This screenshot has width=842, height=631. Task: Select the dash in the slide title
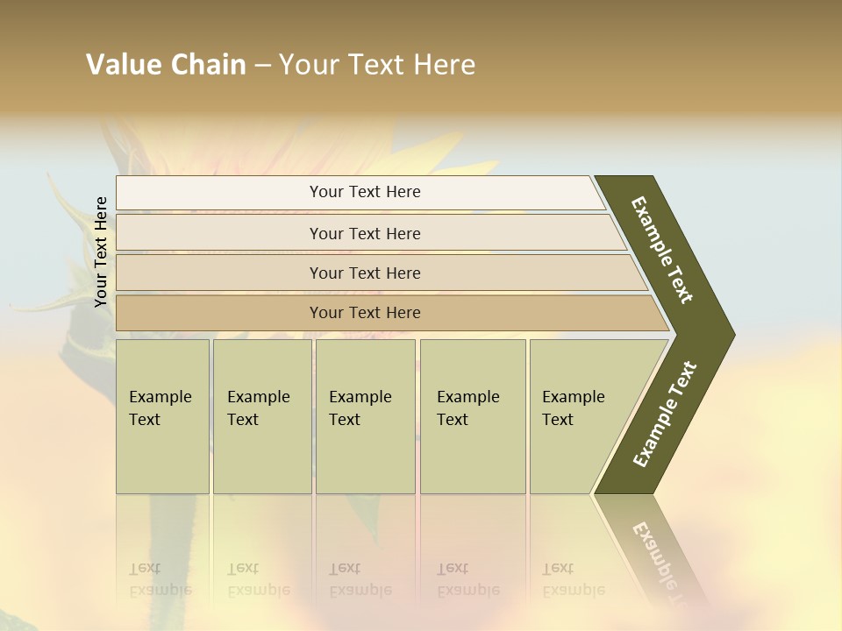(x=262, y=66)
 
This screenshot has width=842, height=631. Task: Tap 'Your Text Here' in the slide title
(x=377, y=65)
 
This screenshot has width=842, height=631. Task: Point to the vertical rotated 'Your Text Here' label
(x=101, y=252)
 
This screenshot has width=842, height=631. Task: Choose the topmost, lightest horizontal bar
(x=364, y=192)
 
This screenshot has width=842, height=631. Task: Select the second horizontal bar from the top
(x=364, y=233)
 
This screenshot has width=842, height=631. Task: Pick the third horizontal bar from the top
(x=364, y=273)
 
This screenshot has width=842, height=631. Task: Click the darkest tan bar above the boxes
(x=364, y=313)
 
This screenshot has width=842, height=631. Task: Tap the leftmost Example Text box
(x=162, y=416)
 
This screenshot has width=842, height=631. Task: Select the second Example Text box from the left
(x=261, y=416)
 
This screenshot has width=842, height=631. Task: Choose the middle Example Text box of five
(x=365, y=416)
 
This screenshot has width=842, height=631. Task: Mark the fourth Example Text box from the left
(x=472, y=416)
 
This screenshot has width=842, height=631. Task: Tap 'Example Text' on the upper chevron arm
(x=662, y=250)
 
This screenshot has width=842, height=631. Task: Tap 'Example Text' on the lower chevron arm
(x=664, y=415)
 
